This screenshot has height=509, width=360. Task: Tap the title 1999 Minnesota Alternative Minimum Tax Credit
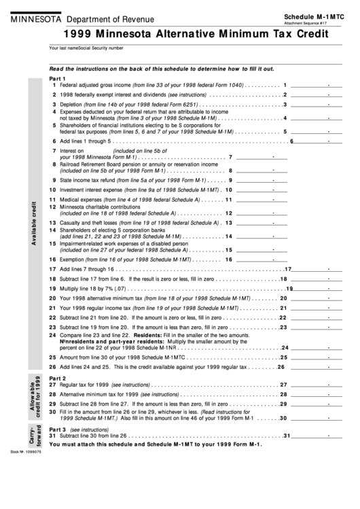(180, 34)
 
